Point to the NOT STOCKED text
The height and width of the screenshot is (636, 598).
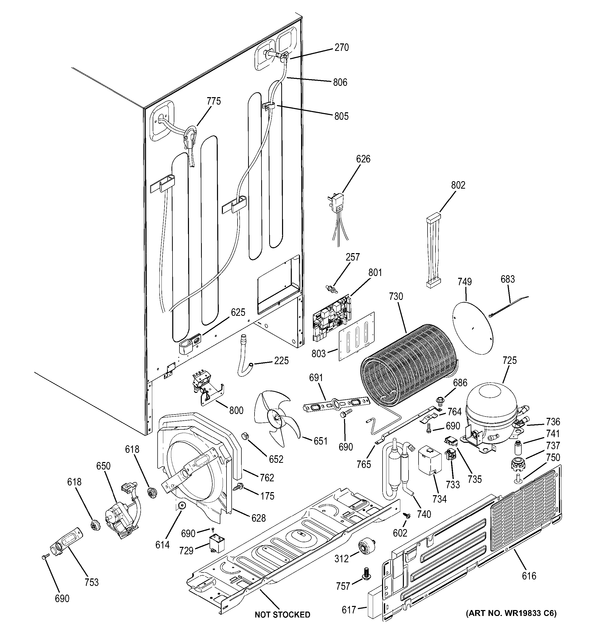click(x=282, y=615)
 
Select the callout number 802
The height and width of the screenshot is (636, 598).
click(x=458, y=185)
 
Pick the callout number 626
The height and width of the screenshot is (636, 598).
click(x=363, y=159)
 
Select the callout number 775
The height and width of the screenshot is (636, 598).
click(x=214, y=102)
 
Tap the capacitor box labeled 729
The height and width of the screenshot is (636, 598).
click(x=217, y=543)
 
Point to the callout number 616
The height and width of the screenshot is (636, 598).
click(x=529, y=576)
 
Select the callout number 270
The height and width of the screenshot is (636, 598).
click(x=342, y=48)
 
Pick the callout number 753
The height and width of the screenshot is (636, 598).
click(x=92, y=582)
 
